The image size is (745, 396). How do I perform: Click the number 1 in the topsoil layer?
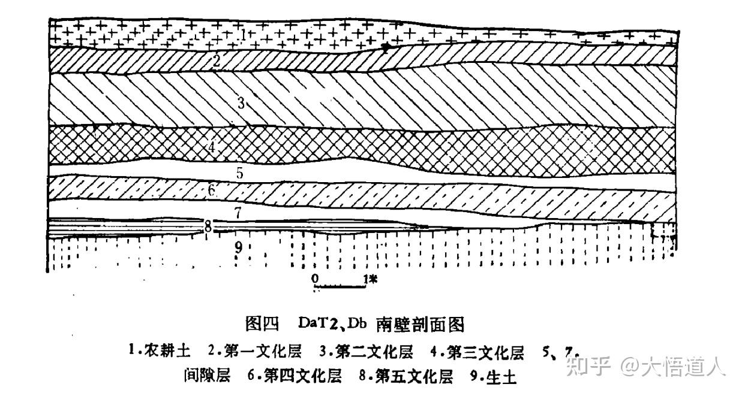pyautogui.click(x=244, y=35)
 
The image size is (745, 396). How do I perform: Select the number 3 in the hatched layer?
pyautogui.click(x=241, y=103)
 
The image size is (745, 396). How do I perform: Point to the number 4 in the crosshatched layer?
pyautogui.click(x=212, y=147)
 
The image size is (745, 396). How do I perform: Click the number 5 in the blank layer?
pyautogui.click(x=240, y=173)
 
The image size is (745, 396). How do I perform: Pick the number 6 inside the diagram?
pyautogui.click(x=212, y=190)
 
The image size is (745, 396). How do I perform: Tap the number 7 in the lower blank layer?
pyautogui.click(x=238, y=213)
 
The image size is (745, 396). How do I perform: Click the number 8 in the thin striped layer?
pyautogui.click(x=208, y=227)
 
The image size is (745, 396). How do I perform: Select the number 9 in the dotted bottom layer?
pyautogui.click(x=239, y=247)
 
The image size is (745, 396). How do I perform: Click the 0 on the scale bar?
pyautogui.click(x=315, y=279)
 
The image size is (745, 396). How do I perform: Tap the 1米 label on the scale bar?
pyautogui.click(x=370, y=279)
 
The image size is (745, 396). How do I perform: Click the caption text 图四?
pyautogui.click(x=262, y=324)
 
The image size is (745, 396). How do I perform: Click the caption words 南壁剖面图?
pyautogui.click(x=420, y=324)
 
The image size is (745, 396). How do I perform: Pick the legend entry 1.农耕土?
pyautogui.click(x=160, y=351)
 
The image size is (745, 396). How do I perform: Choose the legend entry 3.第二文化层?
pyautogui.click(x=366, y=352)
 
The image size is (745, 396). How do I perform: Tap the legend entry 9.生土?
pyautogui.click(x=494, y=377)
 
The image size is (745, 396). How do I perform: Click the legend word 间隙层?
pyautogui.click(x=207, y=376)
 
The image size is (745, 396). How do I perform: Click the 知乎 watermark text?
pyautogui.click(x=588, y=366)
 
